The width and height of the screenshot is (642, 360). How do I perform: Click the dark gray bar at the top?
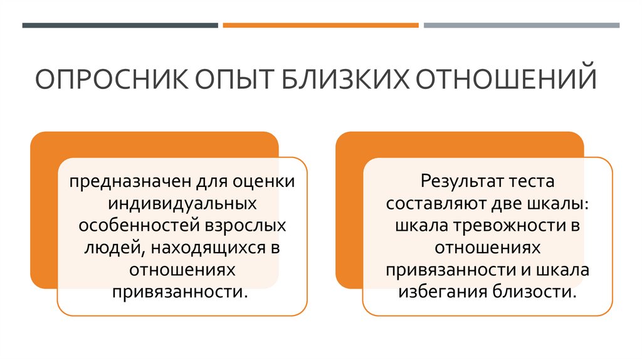120,26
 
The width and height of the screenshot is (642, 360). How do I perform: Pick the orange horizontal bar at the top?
320,26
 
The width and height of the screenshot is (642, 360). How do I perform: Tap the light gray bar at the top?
521,26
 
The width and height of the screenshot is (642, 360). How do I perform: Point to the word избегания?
439,292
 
